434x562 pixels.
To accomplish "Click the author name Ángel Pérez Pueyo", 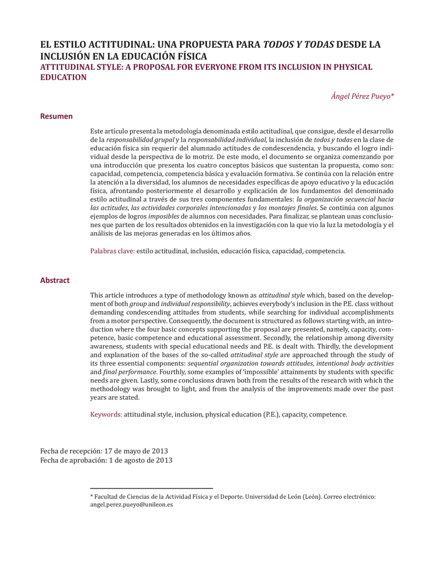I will point(362,95).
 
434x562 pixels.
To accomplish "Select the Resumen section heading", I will point(57,116).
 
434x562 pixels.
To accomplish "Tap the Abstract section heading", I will point(55,280).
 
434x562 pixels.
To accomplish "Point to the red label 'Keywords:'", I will point(106,414).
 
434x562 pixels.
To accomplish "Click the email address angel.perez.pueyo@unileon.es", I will point(131,504).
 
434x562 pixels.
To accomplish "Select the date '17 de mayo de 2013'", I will point(139,450).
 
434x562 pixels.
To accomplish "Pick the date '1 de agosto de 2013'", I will point(140,460).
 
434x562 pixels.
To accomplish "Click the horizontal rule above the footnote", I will point(151,488).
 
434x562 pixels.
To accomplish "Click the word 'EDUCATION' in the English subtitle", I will point(64,77).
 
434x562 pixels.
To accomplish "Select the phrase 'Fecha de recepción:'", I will point(71,450).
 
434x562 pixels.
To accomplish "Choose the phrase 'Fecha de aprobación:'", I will point(72,460).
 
